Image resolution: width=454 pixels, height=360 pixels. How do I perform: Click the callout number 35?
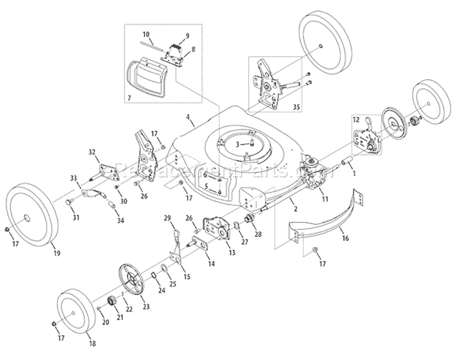coord(295,107)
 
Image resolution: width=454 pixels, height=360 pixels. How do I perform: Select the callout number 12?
coord(357,120)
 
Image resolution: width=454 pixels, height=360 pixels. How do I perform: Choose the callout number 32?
coord(92,151)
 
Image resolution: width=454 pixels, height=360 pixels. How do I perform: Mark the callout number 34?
coord(121,221)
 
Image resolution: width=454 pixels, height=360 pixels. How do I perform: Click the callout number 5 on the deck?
coord(205,185)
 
